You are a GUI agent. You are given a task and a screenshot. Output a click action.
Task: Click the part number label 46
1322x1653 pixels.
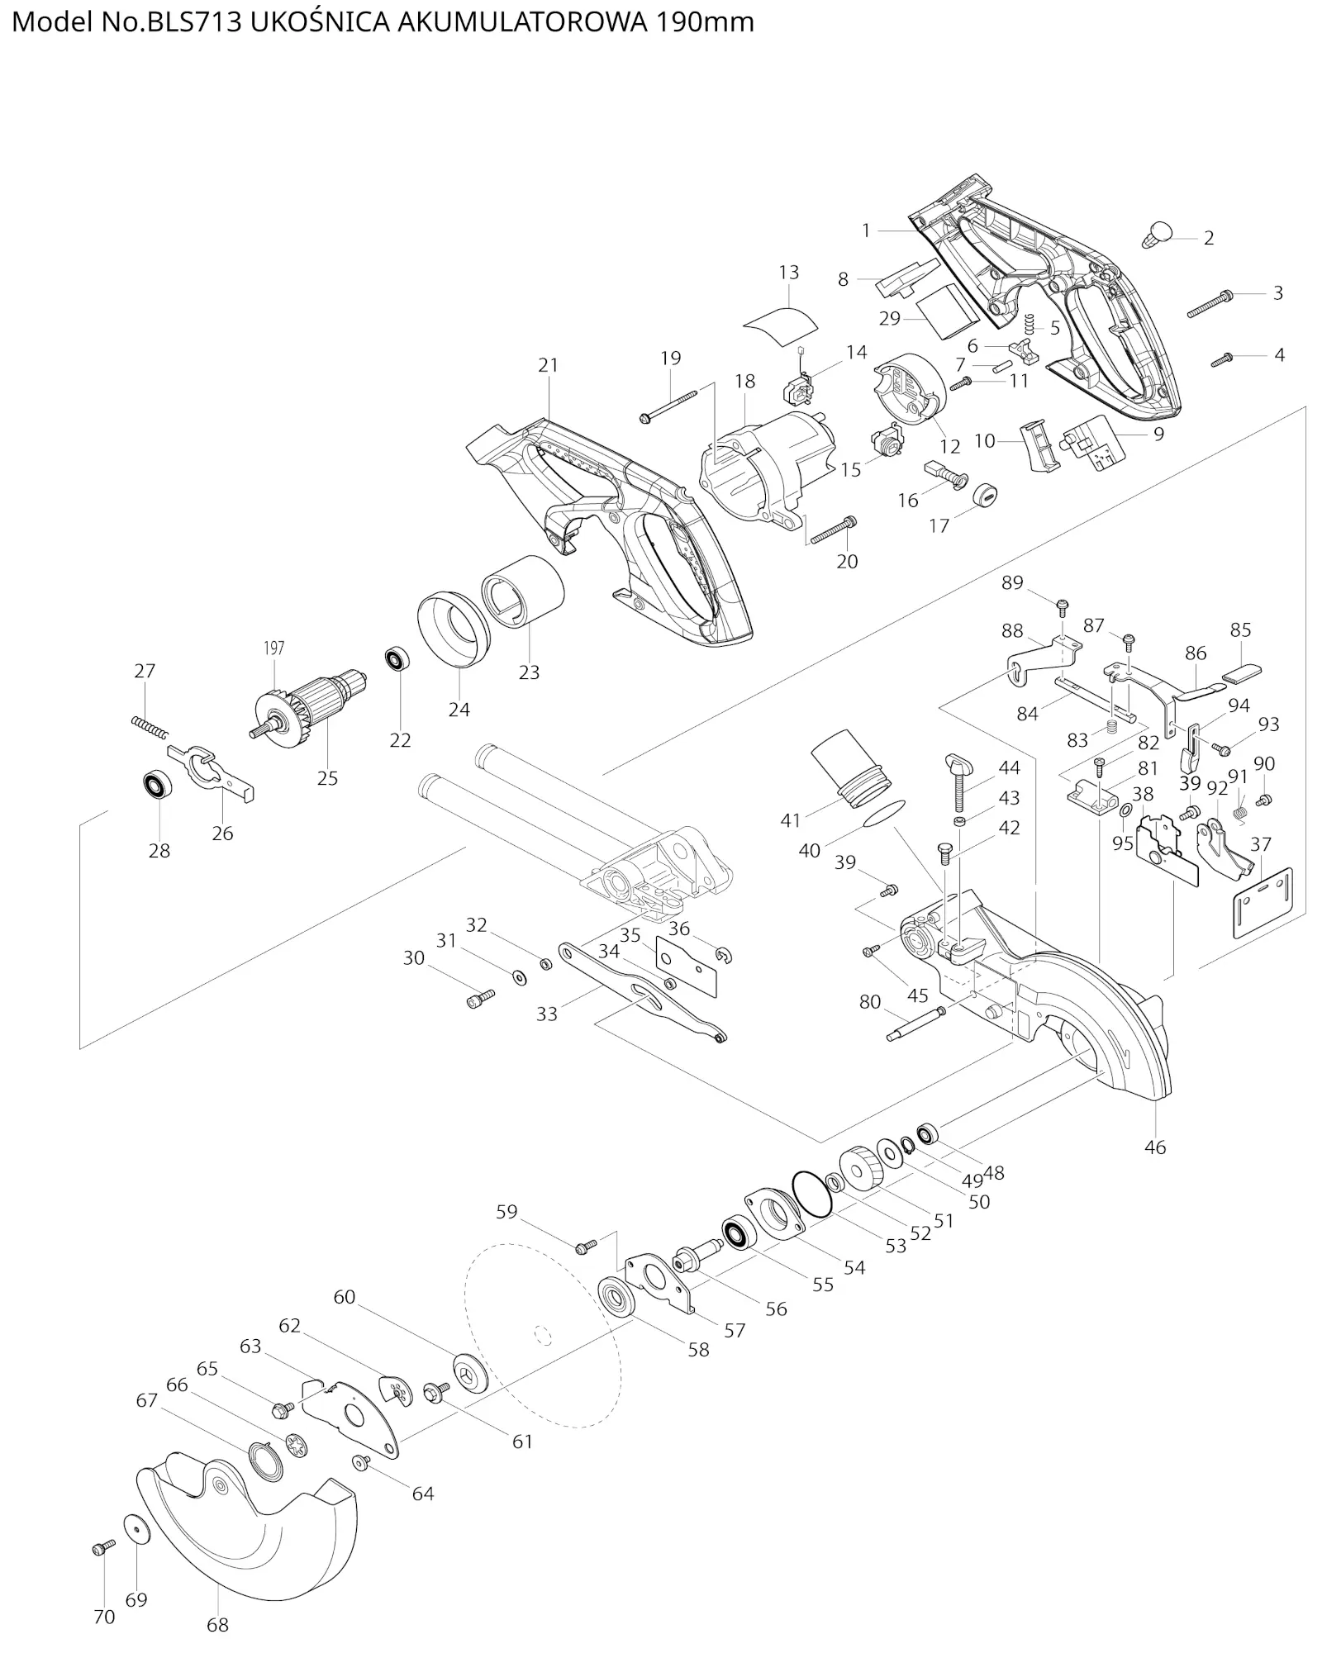(x=1155, y=1147)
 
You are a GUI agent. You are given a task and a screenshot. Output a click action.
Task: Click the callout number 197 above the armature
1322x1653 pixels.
(x=273, y=648)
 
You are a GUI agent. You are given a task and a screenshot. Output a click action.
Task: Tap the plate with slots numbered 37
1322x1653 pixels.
(x=1263, y=903)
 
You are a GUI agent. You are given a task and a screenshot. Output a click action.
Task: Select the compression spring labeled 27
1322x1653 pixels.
(x=150, y=728)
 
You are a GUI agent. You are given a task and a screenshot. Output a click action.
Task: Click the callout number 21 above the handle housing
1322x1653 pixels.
(x=548, y=364)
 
